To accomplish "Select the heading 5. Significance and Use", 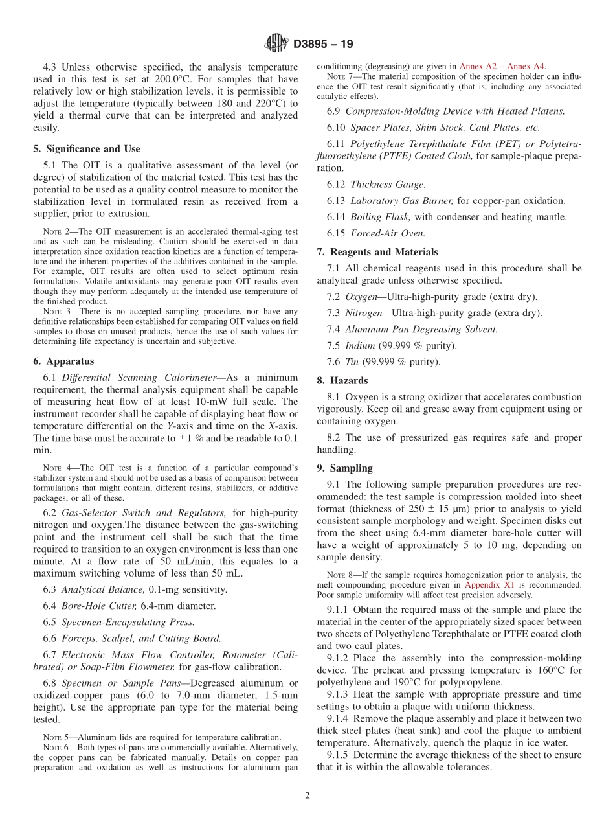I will [87, 149].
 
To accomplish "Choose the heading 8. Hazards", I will [342, 381].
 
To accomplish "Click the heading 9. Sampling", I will [345, 468].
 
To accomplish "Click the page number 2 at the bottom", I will [307, 795].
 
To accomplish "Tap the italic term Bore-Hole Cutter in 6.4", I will [99, 606].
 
